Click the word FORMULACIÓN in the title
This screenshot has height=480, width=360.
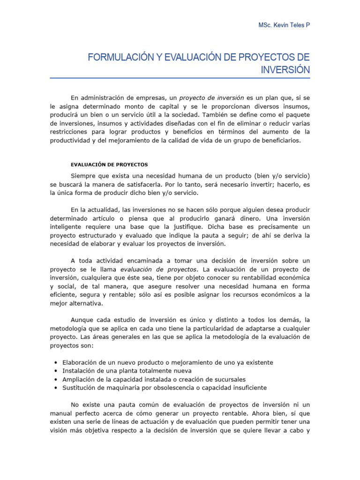point(114,58)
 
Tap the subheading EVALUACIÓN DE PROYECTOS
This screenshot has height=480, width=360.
point(109,165)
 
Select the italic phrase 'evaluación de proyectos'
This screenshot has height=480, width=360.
point(159,269)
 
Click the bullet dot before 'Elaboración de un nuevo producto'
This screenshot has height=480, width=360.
point(56,363)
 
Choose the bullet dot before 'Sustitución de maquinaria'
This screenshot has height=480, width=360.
point(56,388)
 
